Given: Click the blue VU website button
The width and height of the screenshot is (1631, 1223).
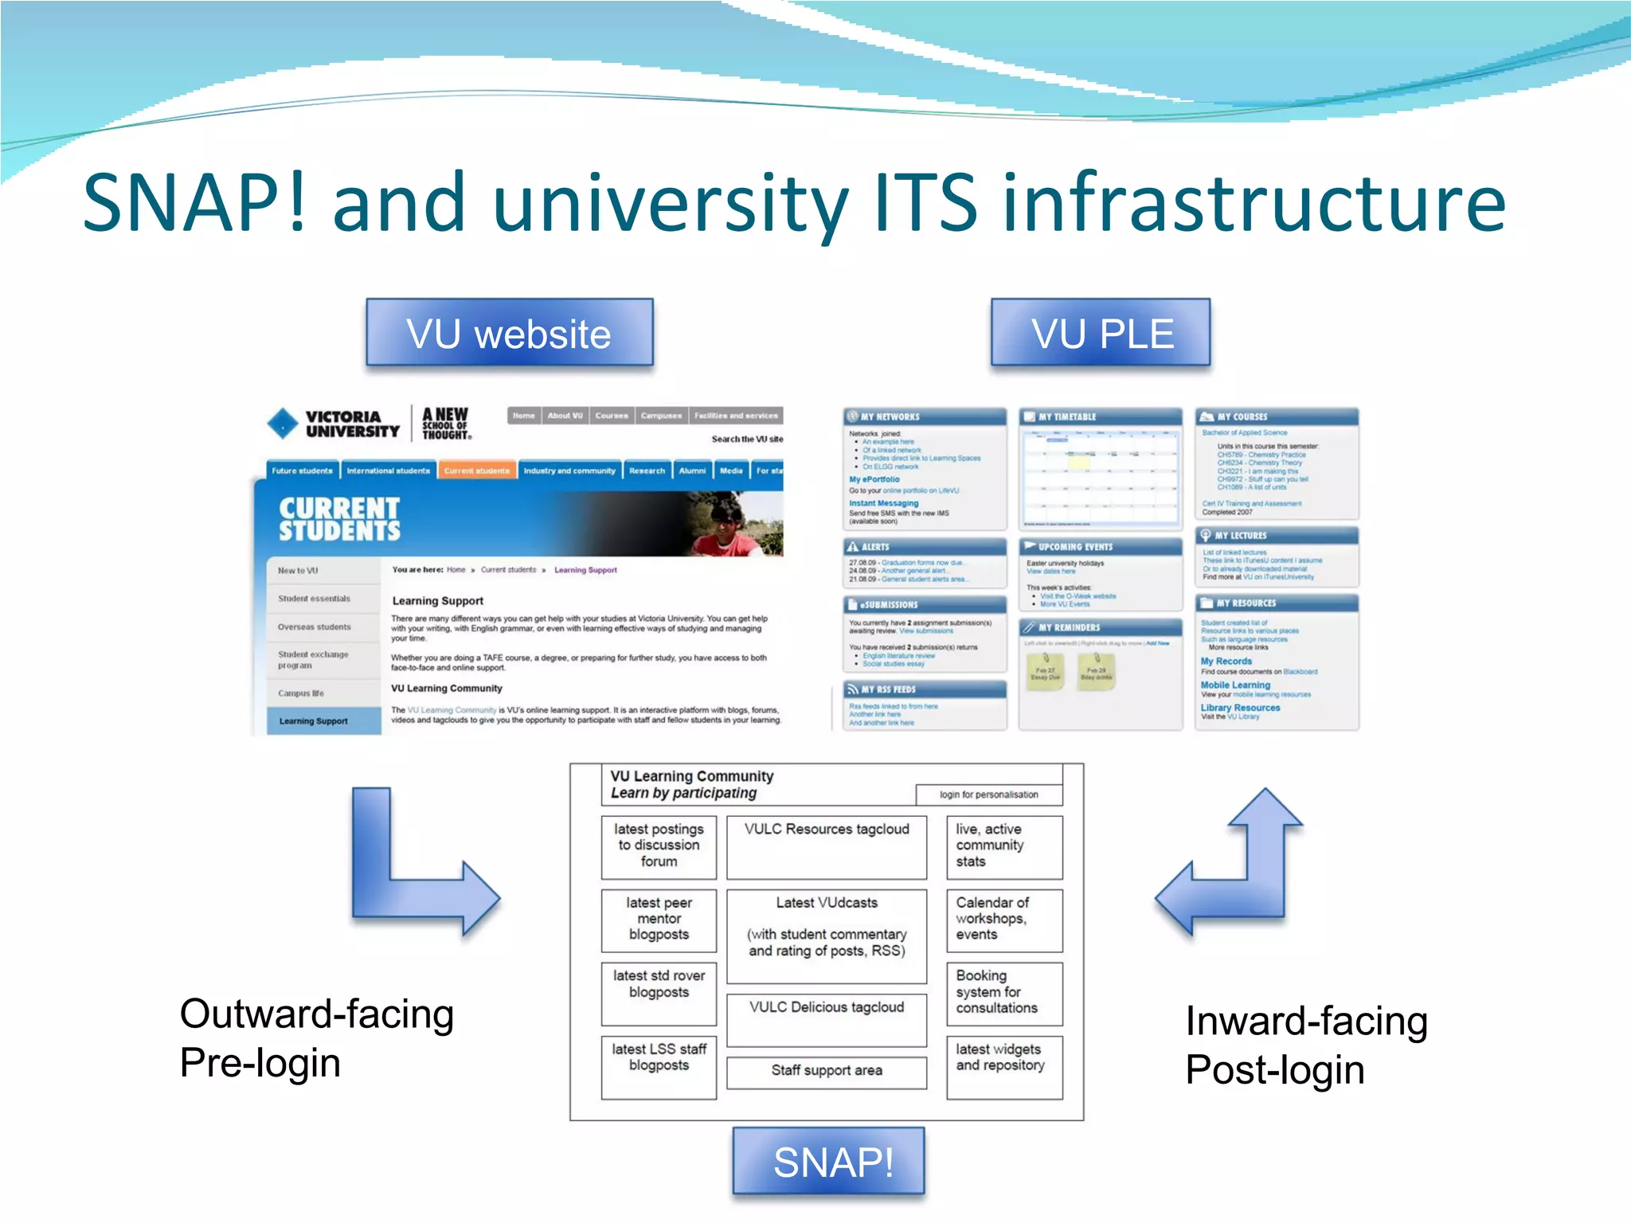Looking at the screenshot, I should click(509, 333).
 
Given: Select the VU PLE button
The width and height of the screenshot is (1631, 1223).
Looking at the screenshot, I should click(1101, 333).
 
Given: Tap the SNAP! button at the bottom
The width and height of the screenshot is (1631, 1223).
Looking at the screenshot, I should click(828, 1162).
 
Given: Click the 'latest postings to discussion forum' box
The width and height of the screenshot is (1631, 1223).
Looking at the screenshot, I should click(659, 846).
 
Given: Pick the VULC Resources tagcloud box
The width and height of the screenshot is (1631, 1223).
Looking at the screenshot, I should click(827, 846).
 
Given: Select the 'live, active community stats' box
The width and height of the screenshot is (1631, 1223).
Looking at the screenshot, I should click(1003, 846).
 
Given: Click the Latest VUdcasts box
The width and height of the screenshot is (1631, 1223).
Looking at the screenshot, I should click(827, 935).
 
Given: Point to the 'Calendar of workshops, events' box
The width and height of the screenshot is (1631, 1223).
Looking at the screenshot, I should click(1003, 920).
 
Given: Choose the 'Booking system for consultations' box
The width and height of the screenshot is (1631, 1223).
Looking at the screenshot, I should click(1003, 993).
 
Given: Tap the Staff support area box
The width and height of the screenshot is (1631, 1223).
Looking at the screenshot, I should click(827, 1071).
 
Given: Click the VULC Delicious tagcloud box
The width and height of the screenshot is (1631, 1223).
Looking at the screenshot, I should click(827, 1018).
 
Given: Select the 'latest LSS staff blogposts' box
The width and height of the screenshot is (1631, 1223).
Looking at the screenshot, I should click(659, 1066).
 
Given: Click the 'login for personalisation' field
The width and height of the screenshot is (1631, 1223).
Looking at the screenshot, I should click(988, 795).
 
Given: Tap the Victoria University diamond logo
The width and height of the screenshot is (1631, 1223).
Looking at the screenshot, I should click(283, 424).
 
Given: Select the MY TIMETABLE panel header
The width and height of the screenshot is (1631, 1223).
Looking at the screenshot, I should click(1099, 416).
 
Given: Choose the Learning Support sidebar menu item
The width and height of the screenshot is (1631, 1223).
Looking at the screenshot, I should click(314, 721).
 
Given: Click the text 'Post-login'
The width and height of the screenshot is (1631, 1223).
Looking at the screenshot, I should click(1274, 1070).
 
